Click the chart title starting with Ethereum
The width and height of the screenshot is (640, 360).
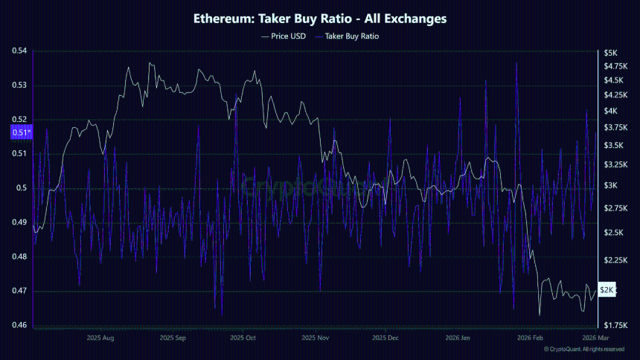point(320,19)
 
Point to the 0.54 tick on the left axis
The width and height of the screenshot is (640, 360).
point(19,51)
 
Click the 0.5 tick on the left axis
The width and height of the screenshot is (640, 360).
point(22,188)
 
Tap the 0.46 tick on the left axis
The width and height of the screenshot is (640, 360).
point(19,325)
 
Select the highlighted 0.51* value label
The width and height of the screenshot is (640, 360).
point(20,133)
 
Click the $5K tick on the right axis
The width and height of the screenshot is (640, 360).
point(611,53)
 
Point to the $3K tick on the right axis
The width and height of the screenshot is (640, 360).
point(611,185)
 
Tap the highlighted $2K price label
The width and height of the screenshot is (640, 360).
point(608,290)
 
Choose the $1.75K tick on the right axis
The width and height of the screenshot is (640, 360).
point(618,326)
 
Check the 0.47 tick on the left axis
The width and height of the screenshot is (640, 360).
point(19,291)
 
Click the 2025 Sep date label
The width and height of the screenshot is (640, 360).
point(172,338)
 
